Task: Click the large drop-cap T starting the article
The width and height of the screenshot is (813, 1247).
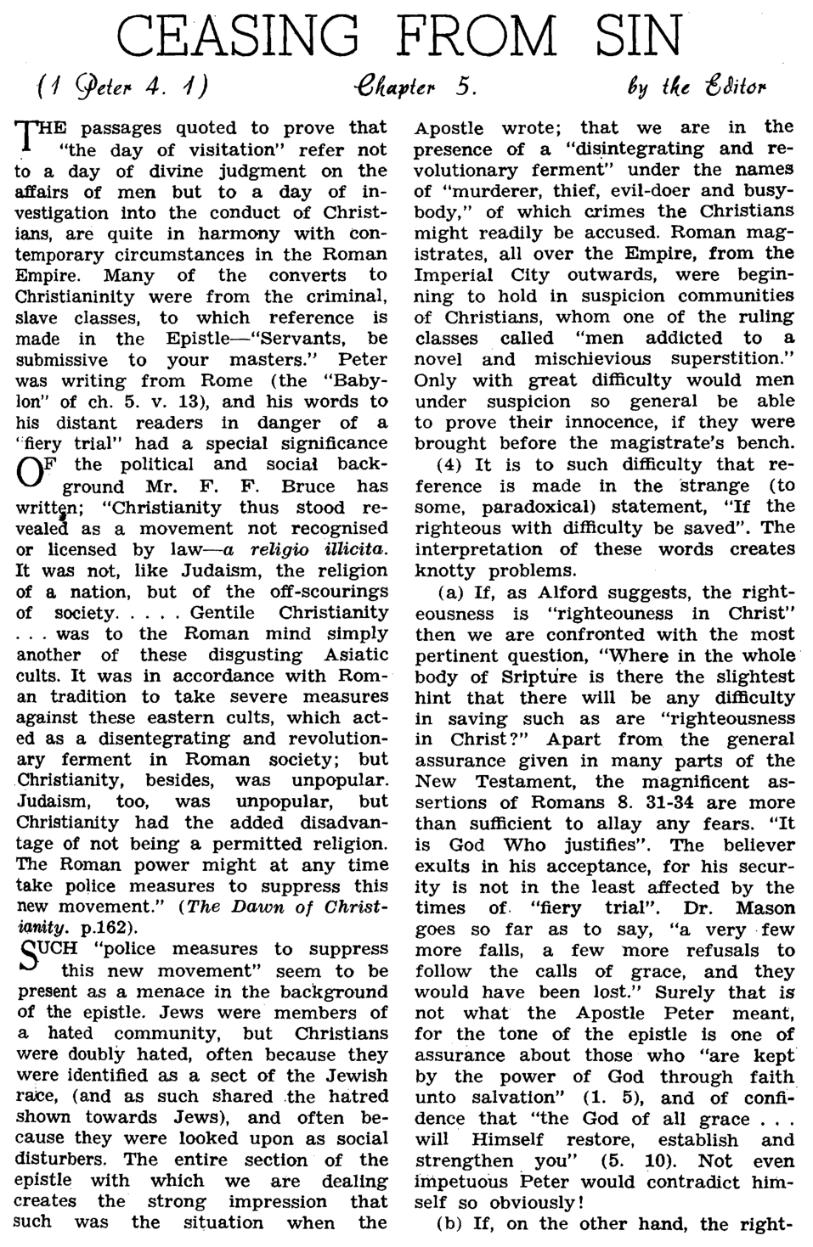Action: coord(26,137)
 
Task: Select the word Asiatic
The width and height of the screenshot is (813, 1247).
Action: coord(352,654)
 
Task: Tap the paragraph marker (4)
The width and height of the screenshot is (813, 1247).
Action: coord(449,465)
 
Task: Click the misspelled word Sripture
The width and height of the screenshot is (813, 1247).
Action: coord(507,677)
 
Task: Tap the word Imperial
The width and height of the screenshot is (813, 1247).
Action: coord(454,275)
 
